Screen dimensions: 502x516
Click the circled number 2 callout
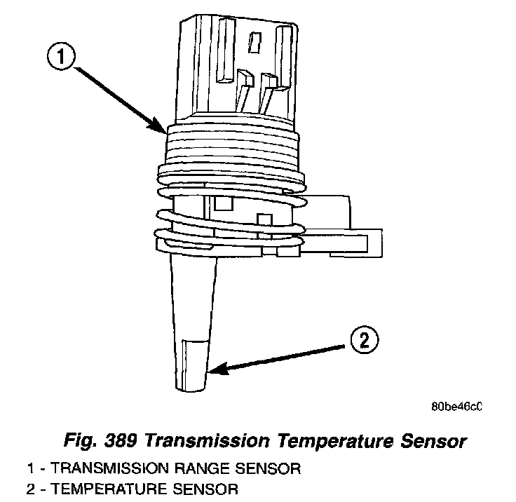pos(364,343)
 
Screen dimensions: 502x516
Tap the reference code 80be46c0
pos(459,405)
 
